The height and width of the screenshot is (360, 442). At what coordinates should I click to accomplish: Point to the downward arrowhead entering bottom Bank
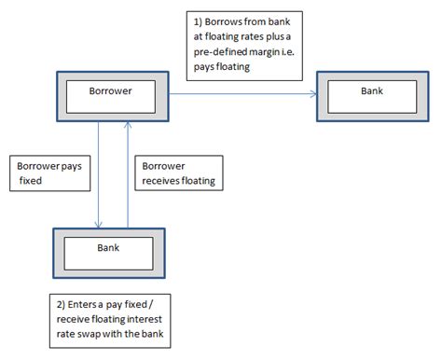click(x=96, y=225)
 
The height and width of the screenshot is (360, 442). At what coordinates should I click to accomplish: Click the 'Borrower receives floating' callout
click(x=176, y=173)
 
